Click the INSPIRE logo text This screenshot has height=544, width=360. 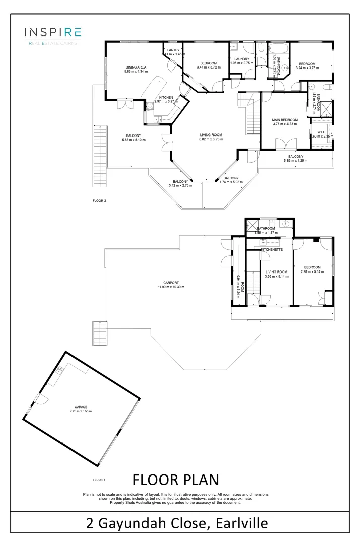tap(53, 32)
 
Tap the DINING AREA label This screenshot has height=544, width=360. tap(135, 67)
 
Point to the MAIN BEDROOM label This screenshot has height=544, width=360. tap(285, 120)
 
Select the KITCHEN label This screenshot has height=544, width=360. tap(166, 97)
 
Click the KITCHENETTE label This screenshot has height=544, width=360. tap(271, 250)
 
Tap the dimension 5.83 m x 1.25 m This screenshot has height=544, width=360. tap(296, 161)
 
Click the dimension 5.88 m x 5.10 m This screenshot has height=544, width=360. tap(133, 140)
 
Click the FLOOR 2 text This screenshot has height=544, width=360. tap(99, 200)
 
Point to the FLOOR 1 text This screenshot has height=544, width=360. tap(99, 480)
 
